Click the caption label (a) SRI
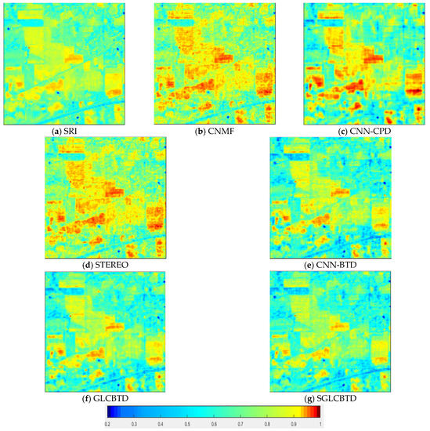tap(65, 131)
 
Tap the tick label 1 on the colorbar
tap(320, 423)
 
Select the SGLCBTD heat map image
tap(331, 331)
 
